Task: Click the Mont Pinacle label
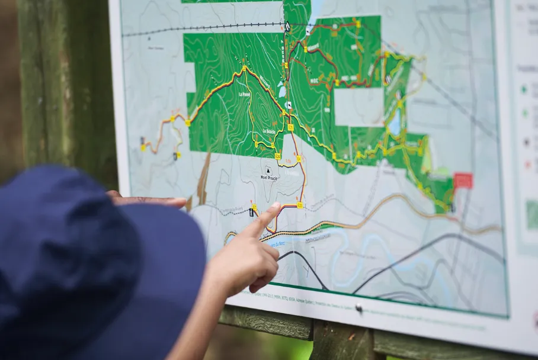268,177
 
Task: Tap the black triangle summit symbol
268,169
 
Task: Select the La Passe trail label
244,94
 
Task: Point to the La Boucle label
268,131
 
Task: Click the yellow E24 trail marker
277,156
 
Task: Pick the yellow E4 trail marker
299,159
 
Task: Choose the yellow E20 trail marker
291,127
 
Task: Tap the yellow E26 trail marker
300,205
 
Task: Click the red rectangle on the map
463,181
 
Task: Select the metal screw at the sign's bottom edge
358,308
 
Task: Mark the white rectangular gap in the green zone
358,107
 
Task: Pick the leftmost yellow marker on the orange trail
143,147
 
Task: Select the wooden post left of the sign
65,89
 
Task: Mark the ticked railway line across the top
201,28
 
